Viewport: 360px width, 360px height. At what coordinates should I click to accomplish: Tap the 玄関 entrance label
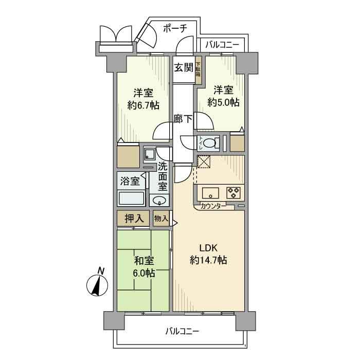pos(183,67)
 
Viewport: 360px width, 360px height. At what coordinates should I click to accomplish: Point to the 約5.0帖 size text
pos(223,102)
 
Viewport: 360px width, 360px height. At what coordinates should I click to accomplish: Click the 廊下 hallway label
pos(183,119)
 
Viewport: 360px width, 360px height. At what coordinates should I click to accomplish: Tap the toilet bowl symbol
pos(208,143)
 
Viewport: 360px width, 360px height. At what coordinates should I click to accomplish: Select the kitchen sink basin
pos(210,194)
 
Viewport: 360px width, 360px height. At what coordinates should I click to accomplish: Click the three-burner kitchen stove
pos(233,193)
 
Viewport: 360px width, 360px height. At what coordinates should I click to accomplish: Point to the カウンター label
pos(213,207)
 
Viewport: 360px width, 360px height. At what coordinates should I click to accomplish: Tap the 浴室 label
pos(130,181)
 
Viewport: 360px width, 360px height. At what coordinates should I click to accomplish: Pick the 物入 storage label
pos(161,219)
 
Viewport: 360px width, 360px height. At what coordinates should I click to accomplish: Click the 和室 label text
pos(143,261)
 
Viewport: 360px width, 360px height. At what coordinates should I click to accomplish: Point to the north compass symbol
pos(98,284)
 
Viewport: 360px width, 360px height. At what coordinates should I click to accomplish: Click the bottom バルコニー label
pos(182,331)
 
